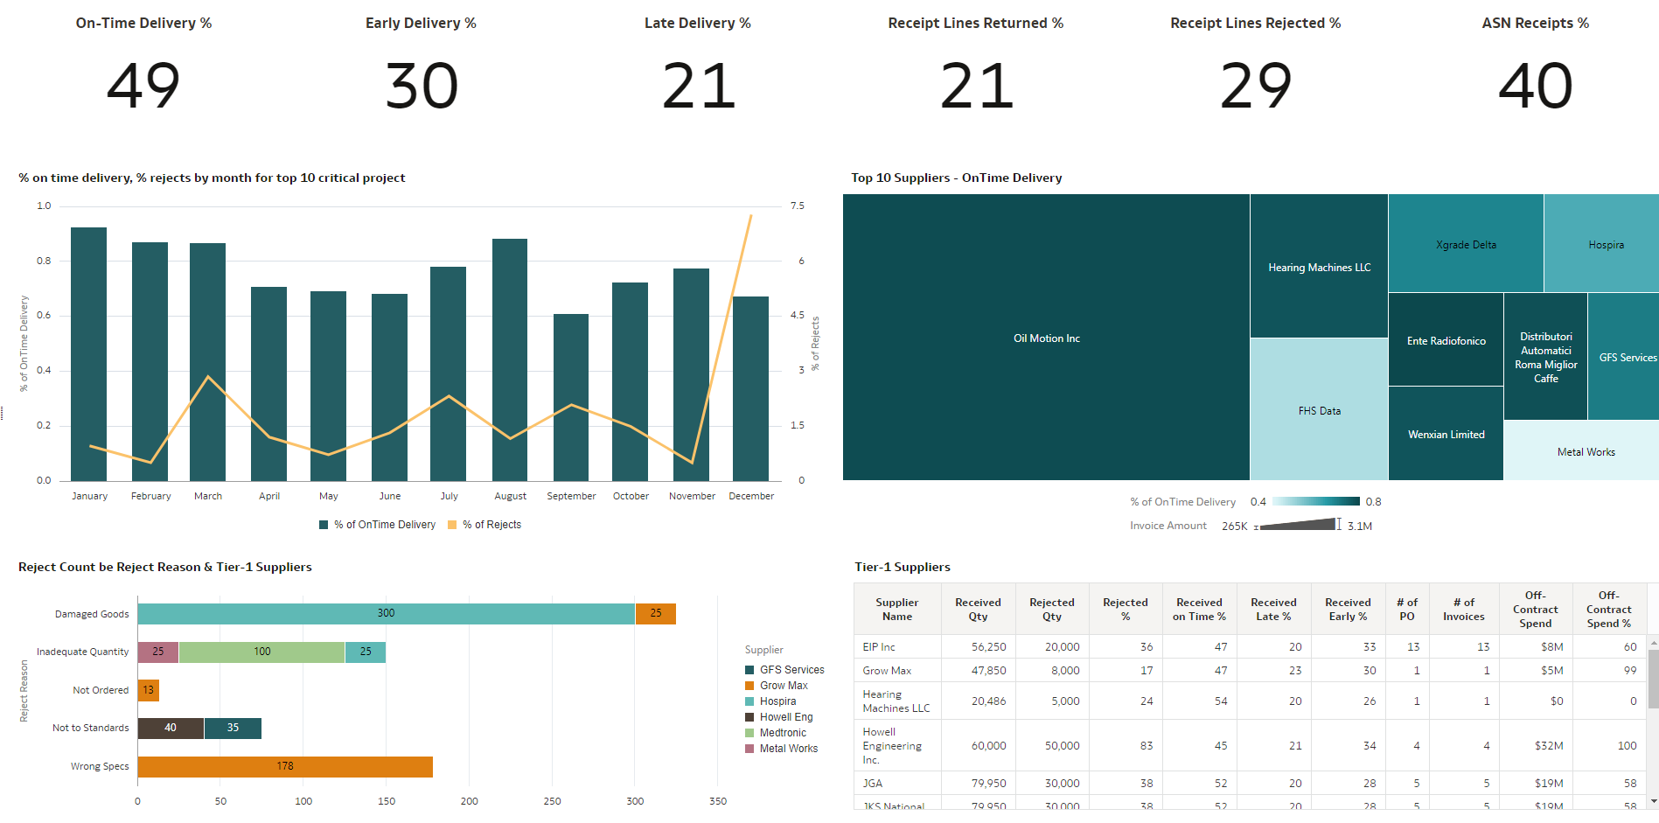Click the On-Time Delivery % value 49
pyautogui.click(x=143, y=86)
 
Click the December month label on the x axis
pyautogui.click(x=751, y=496)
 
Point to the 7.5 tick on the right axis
pyautogui.click(x=797, y=206)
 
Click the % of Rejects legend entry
pyautogui.click(x=491, y=525)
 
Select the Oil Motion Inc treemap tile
pyautogui.click(x=1046, y=338)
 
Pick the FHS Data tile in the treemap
pyautogui.click(x=1319, y=410)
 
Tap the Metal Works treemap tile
pyautogui.click(x=1586, y=452)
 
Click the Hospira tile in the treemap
pyautogui.click(x=1606, y=245)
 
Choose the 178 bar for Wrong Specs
pyautogui.click(x=285, y=766)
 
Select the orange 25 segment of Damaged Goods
pyautogui.click(x=656, y=613)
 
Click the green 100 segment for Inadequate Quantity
pyautogui.click(x=261, y=652)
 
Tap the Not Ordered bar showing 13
pyautogui.click(x=148, y=690)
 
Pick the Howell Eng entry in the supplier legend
pyautogui.click(x=785, y=717)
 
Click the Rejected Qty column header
pyautogui.click(x=1051, y=609)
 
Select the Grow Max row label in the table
pyautogui.click(x=887, y=671)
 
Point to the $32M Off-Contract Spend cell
pyautogui.click(x=1548, y=746)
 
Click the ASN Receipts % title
pyautogui.click(x=1535, y=24)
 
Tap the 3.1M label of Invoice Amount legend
pyautogui.click(x=1360, y=527)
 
